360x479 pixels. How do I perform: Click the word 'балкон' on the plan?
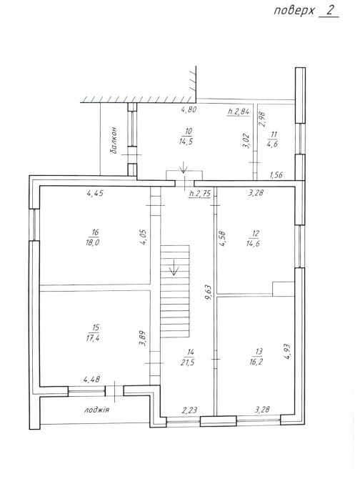tap(114, 140)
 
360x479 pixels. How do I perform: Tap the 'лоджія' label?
tap(96, 410)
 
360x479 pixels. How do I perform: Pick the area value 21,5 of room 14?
tap(188, 362)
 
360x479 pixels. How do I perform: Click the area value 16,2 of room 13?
tap(256, 362)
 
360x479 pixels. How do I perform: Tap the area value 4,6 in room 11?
tap(272, 144)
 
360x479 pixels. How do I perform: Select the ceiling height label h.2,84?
tap(239, 112)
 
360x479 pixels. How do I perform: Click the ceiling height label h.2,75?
tap(200, 194)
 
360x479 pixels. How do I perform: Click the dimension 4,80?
tap(189, 109)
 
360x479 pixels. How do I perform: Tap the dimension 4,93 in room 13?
tap(286, 352)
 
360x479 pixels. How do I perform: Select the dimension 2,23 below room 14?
tap(189, 410)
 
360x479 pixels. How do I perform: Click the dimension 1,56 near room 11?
tap(276, 174)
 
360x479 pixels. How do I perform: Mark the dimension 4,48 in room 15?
tap(92, 380)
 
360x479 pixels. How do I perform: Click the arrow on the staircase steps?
tap(174, 267)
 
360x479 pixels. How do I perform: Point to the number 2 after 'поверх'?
tap(330, 11)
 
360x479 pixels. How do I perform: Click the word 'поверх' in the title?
tap(294, 11)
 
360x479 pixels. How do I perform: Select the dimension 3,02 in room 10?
tap(246, 141)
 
